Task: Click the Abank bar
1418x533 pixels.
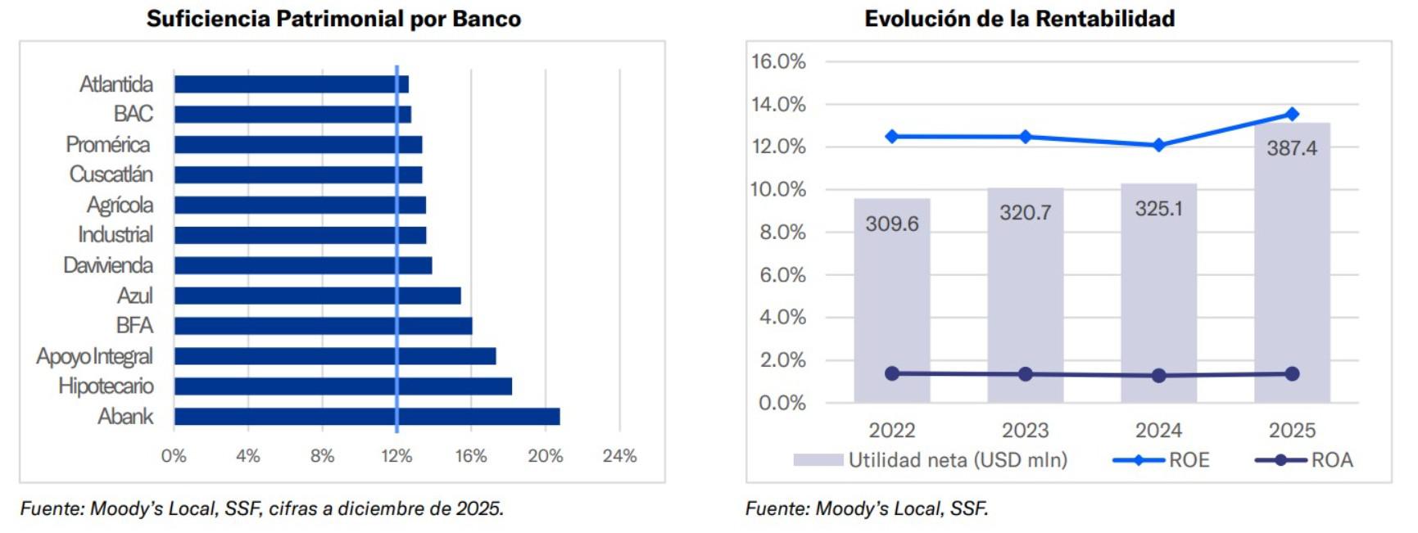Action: point(367,417)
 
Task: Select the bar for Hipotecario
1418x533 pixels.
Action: point(342,386)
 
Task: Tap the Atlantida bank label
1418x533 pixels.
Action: point(116,84)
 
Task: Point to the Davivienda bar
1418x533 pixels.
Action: point(302,265)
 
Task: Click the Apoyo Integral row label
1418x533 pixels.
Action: point(94,356)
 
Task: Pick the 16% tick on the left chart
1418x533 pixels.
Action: point(471,456)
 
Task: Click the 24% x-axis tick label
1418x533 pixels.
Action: point(619,456)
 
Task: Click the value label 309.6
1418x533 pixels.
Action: point(892,224)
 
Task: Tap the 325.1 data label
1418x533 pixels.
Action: point(1158,209)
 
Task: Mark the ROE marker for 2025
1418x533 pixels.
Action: point(1292,114)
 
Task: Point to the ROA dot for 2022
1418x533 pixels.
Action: point(892,373)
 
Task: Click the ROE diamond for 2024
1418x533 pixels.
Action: point(1158,145)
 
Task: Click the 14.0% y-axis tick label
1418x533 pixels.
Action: point(778,104)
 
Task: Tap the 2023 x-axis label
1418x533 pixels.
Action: point(1025,431)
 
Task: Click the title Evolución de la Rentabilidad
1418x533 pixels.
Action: point(1019,18)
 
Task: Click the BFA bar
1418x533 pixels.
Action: point(323,326)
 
